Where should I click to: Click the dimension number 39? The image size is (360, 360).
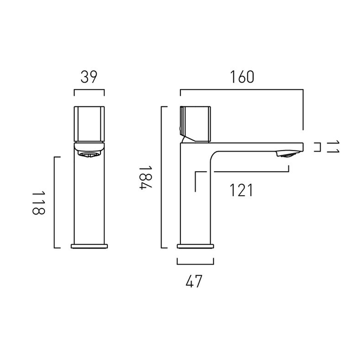point(89,77)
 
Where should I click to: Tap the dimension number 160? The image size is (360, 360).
point(242,77)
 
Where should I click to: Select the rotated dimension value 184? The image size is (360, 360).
point(145,178)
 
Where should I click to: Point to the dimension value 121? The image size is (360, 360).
point(241,190)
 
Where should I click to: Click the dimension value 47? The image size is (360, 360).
point(194,281)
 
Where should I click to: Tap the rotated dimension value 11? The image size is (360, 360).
point(333,147)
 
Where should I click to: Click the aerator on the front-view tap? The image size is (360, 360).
point(89,154)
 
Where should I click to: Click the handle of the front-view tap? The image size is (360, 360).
point(89,124)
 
